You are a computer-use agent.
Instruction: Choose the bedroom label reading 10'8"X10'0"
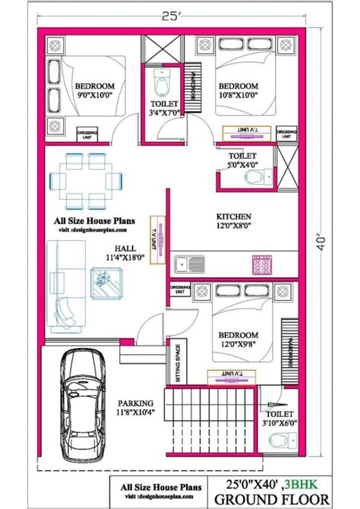click(238, 91)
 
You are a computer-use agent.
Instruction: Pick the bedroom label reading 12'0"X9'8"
click(239, 339)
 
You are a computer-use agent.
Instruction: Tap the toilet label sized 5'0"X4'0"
click(242, 160)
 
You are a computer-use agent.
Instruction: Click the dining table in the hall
click(83, 179)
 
